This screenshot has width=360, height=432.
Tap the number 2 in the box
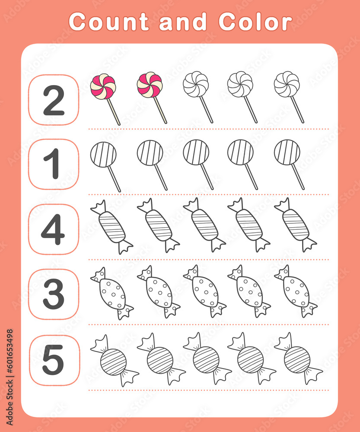[x=54, y=100]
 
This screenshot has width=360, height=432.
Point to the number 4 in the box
[x=53, y=229]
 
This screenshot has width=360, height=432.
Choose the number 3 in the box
[x=54, y=294]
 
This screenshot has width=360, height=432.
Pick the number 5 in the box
[x=53, y=359]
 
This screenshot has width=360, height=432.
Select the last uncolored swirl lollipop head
[x=287, y=84]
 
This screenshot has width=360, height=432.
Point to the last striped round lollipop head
[x=287, y=152]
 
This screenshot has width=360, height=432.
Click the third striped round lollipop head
[x=196, y=152]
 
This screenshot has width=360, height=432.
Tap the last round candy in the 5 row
[x=297, y=359]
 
